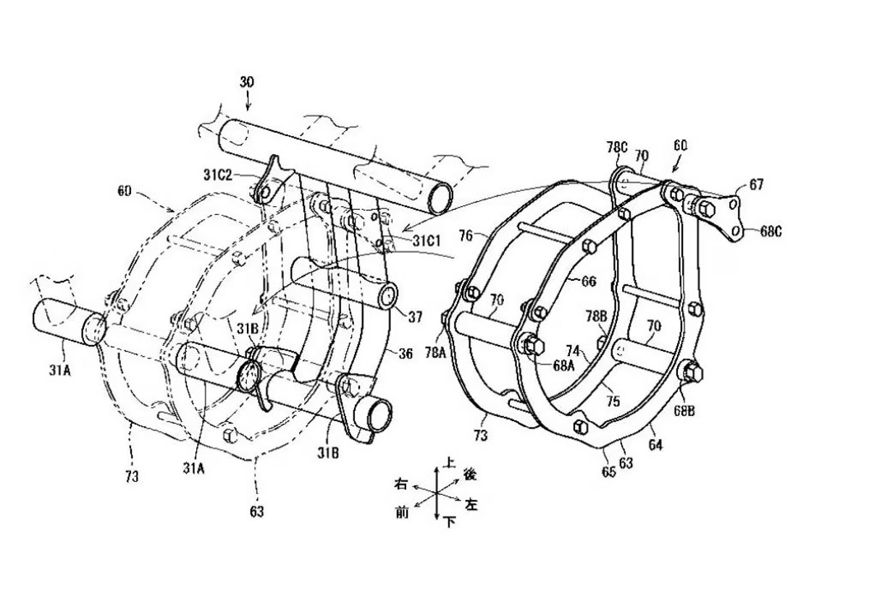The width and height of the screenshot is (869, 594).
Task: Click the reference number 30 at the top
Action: click(x=247, y=82)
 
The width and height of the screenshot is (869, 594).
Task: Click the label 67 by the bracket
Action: click(x=756, y=185)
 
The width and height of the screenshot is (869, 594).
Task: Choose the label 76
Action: click(x=466, y=237)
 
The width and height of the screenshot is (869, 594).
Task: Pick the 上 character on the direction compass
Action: click(x=450, y=461)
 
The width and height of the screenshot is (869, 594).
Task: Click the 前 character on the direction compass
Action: click(x=402, y=512)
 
